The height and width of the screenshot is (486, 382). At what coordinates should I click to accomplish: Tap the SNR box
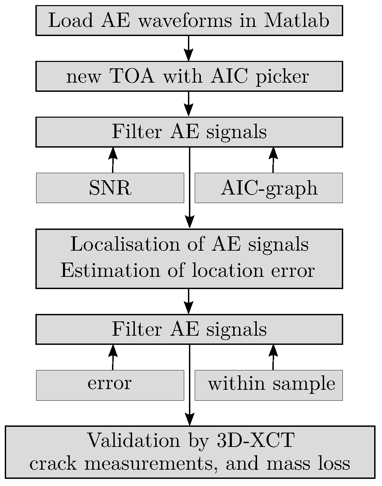coord(110,188)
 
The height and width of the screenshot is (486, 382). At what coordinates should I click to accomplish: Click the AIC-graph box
coord(269,188)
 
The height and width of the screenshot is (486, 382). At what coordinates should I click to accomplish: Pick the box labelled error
coord(110,385)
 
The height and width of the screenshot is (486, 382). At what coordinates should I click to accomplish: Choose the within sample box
coord(269,385)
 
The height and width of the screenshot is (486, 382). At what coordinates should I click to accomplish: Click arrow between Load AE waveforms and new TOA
coord(189,48)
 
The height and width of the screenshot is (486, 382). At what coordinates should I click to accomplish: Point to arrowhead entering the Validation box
coord(189,419)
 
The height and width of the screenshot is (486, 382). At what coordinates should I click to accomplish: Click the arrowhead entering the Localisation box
coord(189,222)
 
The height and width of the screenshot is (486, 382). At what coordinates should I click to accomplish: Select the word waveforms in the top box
coord(186,21)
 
